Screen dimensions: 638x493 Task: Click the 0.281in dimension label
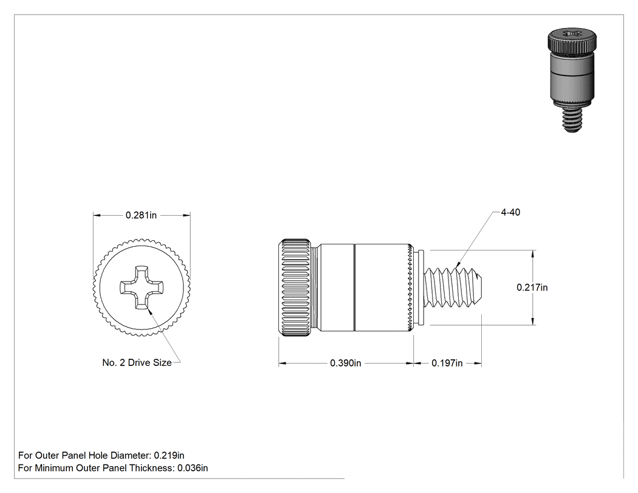(141, 215)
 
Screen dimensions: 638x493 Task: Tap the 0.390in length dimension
(346, 363)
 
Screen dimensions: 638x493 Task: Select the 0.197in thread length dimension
(447, 363)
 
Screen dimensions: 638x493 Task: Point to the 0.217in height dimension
(532, 288)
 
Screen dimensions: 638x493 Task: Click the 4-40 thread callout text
(510, 212)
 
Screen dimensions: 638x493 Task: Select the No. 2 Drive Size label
(137, 363)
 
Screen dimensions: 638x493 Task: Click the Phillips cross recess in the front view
(142, 288)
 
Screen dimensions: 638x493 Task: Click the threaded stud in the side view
(453, 288)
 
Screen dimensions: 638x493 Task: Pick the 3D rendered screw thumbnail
(572, 80)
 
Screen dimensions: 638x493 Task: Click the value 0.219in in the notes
(169, 455)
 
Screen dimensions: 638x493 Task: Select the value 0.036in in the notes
(193, 468)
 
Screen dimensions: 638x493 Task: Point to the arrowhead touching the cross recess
(149, 312)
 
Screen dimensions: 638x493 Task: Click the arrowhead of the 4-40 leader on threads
(458, 266)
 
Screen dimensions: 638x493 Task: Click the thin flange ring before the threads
(421, 288)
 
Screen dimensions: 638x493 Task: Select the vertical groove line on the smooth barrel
(354, 288)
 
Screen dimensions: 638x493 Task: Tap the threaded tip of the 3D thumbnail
(572, 120)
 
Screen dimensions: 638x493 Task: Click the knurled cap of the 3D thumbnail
(572, 40)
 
